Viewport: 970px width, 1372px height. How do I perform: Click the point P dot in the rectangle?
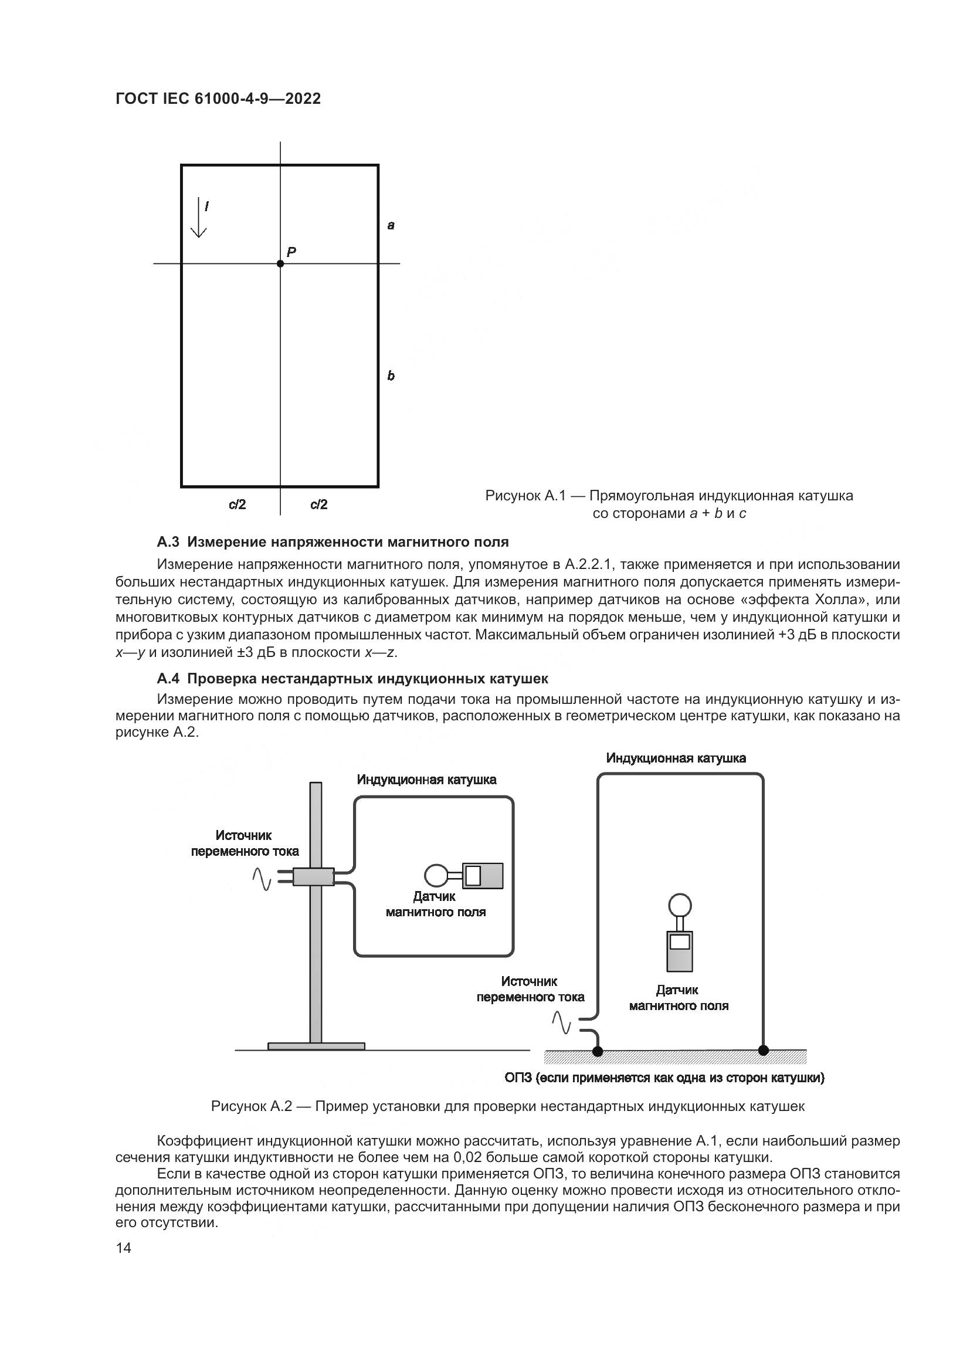pos(280,263)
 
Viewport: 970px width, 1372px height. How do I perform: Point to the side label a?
pos(391,225)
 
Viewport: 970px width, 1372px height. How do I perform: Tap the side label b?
pos(391,375)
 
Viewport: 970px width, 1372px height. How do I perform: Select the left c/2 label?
pos(237,504)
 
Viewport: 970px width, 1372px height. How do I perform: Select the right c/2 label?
pos(319,504)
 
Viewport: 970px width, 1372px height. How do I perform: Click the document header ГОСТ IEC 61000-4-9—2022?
pos(218,99)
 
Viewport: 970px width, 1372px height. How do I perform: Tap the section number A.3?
pos(168,542)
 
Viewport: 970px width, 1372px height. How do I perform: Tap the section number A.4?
pos(168,679)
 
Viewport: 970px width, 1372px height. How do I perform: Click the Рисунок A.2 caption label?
pos(252,1106)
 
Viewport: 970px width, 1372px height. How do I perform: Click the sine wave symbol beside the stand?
pos(262,879)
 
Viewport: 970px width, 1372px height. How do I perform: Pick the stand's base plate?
pos(316,1046)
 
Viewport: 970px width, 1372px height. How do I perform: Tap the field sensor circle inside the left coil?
pos(435,876)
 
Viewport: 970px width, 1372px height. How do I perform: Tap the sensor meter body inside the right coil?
pos(680,951)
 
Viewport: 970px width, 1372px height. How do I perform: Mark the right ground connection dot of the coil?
pos(763,1050)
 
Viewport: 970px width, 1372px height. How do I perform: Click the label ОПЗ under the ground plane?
pos(518,1078)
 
